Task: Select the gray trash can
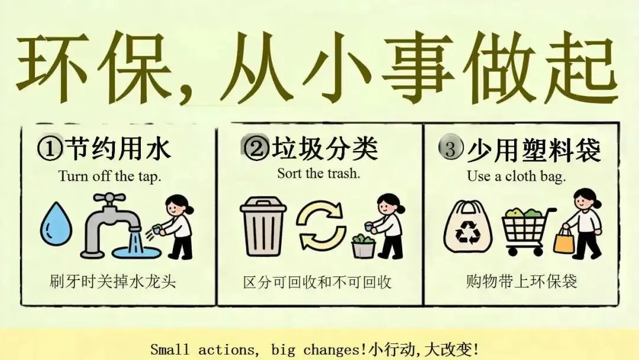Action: pos(263,226)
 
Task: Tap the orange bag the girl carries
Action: pos(564,240)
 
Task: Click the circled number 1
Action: pos(50,149)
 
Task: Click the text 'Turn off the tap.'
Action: pos(109,176)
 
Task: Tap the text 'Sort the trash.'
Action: pos(319,173)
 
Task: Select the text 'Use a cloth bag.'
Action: pos(517,176)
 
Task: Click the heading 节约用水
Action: pos(118,149)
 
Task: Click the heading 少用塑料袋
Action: pos(534,150)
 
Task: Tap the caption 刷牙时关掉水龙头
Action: pos(112,282)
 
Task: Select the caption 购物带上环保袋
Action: pos(522,282)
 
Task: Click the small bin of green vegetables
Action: pos(363,246)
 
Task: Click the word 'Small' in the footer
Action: pos(170,349)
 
